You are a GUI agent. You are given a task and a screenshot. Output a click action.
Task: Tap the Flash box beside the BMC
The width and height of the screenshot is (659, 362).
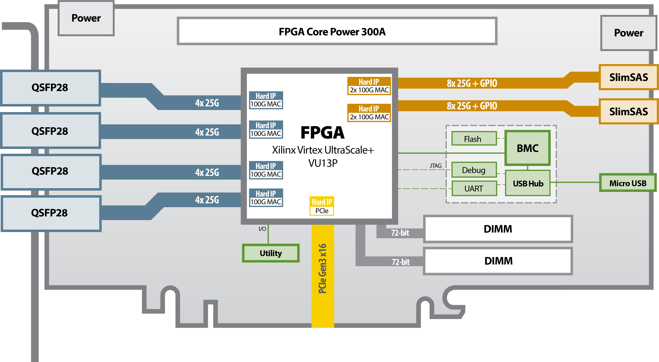(x=474, y=139)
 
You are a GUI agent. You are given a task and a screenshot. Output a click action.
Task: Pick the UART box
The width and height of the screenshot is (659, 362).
(x=474, y=189)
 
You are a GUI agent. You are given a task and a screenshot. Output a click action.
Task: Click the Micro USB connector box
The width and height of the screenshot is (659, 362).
(x=628, y=183)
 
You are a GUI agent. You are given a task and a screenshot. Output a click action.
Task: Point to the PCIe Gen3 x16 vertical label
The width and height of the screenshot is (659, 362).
(x=323, y=268)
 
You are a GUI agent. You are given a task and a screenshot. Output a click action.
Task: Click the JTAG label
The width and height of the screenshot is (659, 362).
(x=435, y=166)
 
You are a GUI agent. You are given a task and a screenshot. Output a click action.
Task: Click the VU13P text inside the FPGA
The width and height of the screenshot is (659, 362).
(x=323, y=163)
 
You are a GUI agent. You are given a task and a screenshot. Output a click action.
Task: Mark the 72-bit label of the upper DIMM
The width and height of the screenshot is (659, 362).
(x=400, y=233)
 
